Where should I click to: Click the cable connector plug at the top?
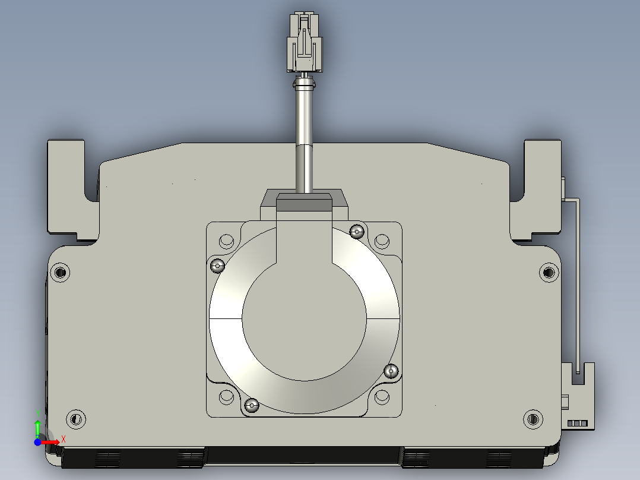point(305,42)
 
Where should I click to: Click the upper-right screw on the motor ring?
point(357,232)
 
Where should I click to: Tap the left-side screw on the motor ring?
point(217,266)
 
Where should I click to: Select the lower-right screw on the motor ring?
point(391,371)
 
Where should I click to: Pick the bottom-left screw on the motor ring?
point(252,405)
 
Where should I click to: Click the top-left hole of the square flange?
point(227,241)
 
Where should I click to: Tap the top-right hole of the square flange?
point(382,241)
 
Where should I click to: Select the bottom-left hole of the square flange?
point(227,397)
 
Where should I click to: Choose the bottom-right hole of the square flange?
point(382,397)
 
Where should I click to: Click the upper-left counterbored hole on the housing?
point(60,272)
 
